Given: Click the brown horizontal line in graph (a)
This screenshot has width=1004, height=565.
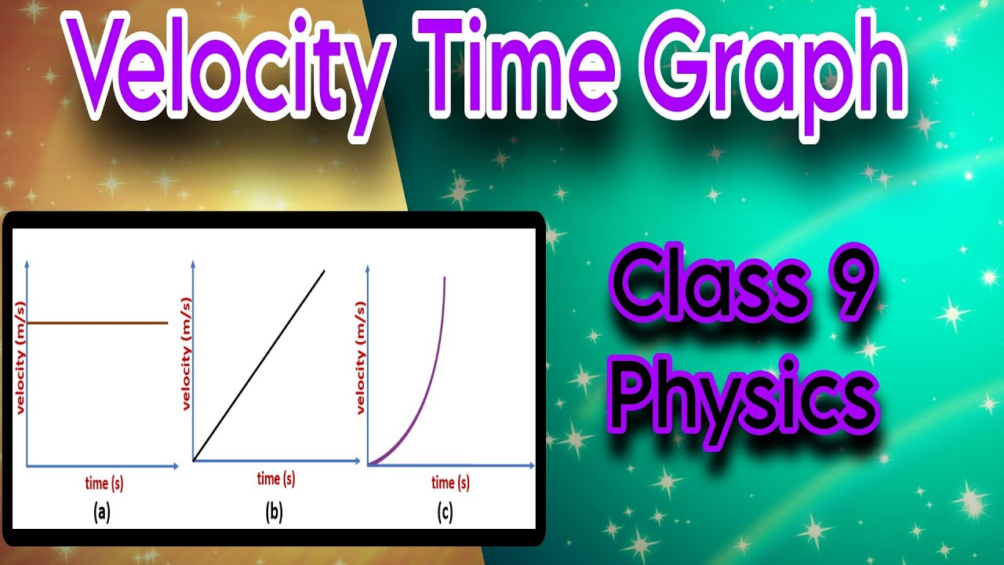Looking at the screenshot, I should click(98, 323).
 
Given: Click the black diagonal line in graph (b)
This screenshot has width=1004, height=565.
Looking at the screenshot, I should click(259, 366).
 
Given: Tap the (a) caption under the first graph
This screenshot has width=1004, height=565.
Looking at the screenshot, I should click(101, 513).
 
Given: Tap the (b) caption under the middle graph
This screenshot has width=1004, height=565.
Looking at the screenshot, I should click(274, 513).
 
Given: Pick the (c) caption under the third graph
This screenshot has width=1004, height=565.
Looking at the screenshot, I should click(445, 513).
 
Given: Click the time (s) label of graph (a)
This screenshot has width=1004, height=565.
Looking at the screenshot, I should click(104, 483).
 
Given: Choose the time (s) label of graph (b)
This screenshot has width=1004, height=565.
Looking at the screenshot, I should click(276, 478).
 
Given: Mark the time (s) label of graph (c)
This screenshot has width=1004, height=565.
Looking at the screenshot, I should click(450, 482).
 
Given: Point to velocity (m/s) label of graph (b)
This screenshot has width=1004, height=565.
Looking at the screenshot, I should click(187, 353).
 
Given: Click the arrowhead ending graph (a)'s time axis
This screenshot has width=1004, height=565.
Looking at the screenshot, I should click(174, 466).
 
